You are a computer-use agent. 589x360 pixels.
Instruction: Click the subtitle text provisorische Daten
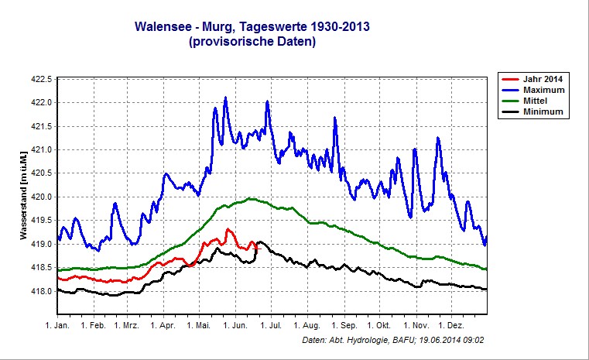coord(252,42)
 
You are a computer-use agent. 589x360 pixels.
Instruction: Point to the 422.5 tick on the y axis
coord(40,79)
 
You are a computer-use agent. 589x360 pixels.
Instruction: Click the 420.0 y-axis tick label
coord(40,197)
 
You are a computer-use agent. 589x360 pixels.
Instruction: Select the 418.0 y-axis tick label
coord(40,291)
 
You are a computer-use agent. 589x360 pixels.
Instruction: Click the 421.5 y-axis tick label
coord(40,126)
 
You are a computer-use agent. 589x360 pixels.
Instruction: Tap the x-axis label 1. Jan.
coord(58,326)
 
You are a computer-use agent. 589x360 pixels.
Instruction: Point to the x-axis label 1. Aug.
coord(307,326)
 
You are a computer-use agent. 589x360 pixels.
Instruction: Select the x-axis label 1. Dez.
coord(451,326)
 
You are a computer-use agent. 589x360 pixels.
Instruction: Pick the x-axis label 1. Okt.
coord(379,326)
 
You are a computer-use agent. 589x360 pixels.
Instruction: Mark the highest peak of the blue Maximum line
coord(225,98)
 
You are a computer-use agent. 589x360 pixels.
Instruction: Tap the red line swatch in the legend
coord(509,79)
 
